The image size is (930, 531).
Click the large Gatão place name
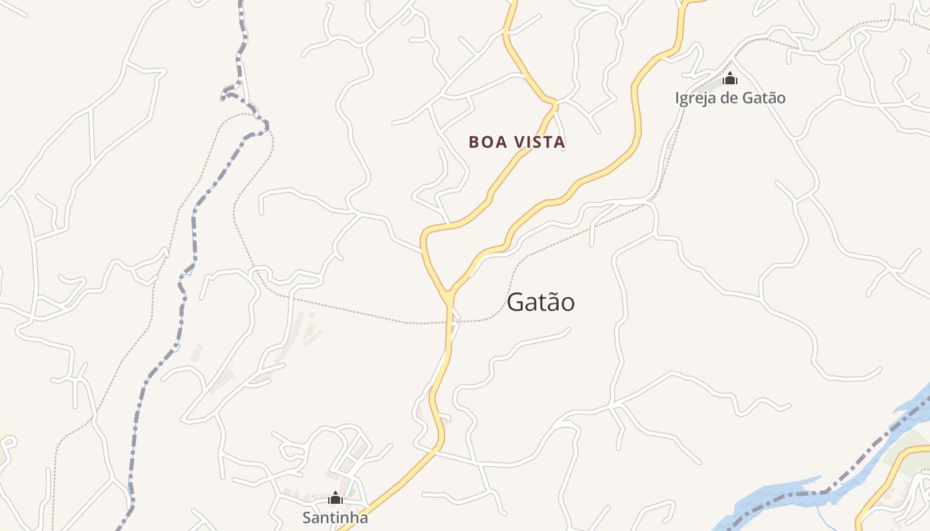pos(541,302)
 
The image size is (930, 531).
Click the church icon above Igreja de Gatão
pos(730,78)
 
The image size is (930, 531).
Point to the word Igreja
pos(694,98)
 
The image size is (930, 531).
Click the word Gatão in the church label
pos(765,98)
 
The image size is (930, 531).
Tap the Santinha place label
pos(335,517)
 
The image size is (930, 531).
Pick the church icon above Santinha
pos(335,497)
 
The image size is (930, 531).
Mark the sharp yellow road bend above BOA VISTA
pos(553,102)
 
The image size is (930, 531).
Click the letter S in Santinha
pos(308,517)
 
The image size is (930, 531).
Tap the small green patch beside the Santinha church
pos(353,493)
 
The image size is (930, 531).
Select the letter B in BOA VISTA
pos(473,142)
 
